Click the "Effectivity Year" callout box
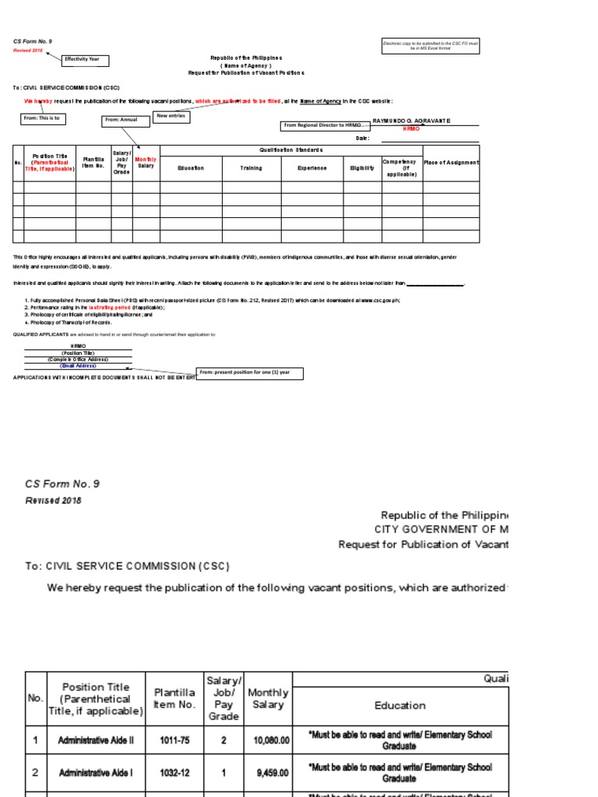(x=86, y=60)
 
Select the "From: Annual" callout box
(x=125, y=120)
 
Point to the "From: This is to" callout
(x=44, y=118)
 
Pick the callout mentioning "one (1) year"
(x=249, y=373)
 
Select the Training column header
(x=251, y=168)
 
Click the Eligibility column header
(x=362, y=168)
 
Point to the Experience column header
(x=311, y=168)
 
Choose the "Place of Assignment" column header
(x=451, y=163)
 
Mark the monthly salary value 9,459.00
(x=269, y=773)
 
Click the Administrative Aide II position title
(x=96, y=739)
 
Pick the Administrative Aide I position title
(x=96, y=773)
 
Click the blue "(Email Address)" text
(x=77, y=364)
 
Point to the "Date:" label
(x=362, y=139)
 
